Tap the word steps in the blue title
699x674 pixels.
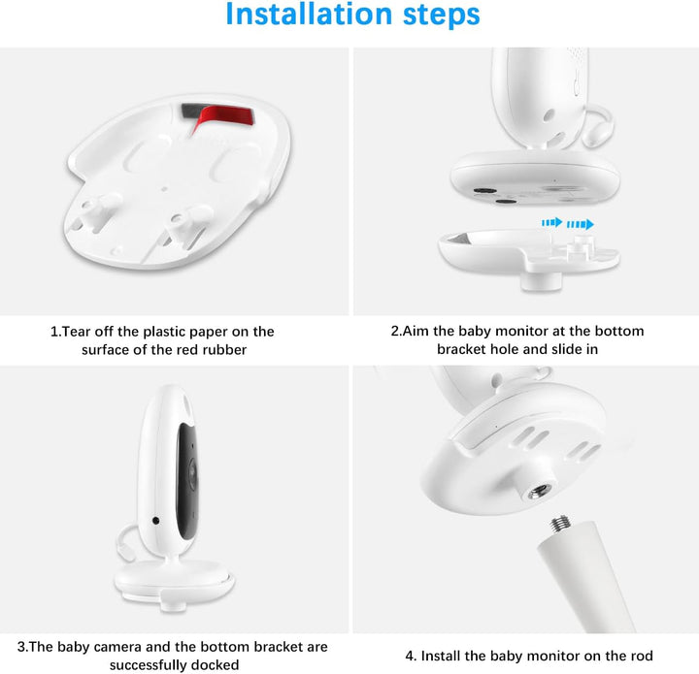(x=433, y=16)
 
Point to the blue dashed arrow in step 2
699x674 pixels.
(x=568, y=223)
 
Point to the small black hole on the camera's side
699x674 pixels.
(x=155, y=522)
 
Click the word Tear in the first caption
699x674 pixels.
(x=79, y=332)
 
